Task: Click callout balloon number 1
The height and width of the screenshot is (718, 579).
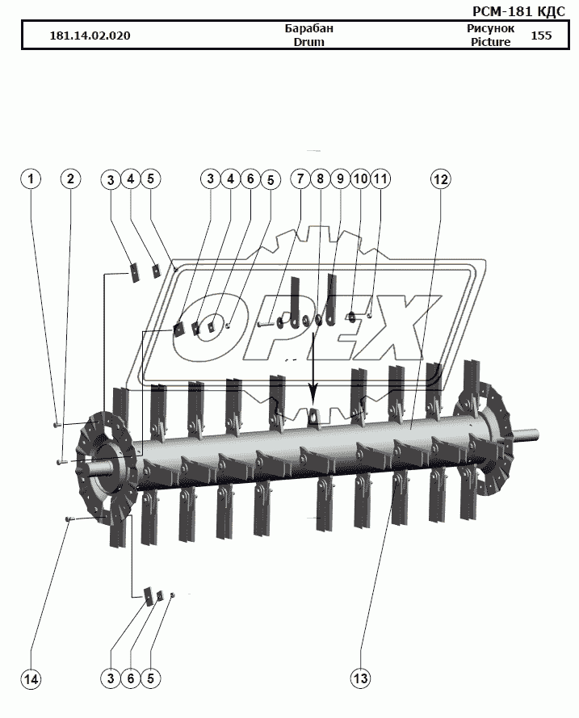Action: point(31,178)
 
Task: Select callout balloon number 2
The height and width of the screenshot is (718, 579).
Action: point(70,178)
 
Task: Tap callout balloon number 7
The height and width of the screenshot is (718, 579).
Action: point(300,178)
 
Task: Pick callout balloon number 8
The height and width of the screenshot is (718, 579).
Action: point(320,178)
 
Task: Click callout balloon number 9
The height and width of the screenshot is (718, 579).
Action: point(340,178)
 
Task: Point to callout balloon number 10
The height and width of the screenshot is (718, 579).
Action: point(360,178)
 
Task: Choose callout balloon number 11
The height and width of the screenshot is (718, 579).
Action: point(380,178)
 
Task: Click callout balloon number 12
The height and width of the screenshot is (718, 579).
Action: point(440,179)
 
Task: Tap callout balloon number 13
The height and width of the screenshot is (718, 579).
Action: point(360,678)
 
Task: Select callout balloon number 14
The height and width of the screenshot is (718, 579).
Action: point(31,678)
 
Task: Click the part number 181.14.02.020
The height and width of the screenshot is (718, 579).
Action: point(90,36)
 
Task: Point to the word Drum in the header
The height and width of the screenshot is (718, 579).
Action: point(309,42)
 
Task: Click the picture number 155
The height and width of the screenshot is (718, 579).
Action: point(541,36)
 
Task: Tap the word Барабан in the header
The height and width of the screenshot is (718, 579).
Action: point(309,28)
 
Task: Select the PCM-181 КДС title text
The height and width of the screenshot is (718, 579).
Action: point(518,11)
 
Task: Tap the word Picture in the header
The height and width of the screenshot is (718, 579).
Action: point(491,42)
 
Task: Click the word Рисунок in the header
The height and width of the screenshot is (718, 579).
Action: point(491,28)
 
